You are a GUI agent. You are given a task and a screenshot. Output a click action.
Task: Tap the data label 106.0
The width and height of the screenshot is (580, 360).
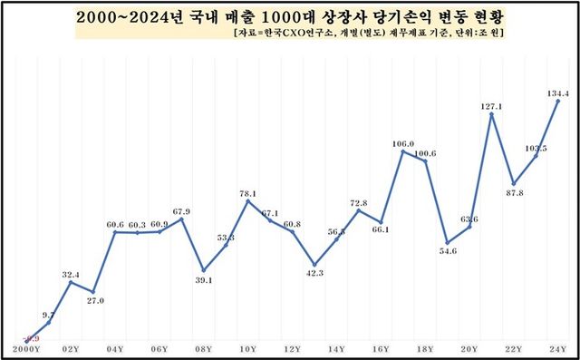coord(403,143)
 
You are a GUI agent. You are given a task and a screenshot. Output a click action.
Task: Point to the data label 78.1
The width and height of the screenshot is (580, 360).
coord(247,193)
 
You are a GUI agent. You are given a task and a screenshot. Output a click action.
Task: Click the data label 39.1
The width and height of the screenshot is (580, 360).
coord(204,280)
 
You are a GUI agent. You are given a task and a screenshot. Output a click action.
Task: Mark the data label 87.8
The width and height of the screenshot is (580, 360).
coord(515,192)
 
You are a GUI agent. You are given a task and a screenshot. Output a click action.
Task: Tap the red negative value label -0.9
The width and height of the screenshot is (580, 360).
coord(30,336)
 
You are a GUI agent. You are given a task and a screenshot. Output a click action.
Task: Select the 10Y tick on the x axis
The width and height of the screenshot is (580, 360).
coord(247,348)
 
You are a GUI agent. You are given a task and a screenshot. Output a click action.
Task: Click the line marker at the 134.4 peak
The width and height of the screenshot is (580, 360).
coord(556,101)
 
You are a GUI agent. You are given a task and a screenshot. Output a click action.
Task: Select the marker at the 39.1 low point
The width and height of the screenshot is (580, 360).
coord(204,270)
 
